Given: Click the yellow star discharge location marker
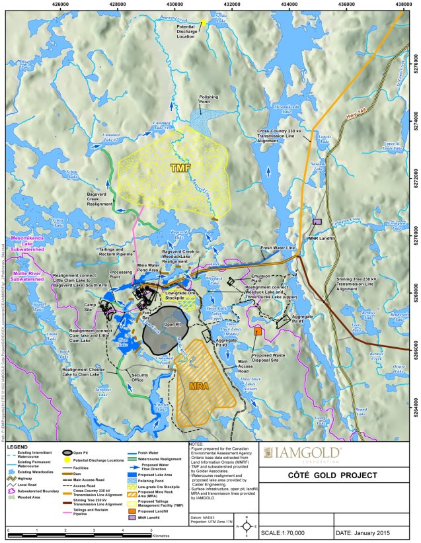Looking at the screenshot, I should coord(204,22).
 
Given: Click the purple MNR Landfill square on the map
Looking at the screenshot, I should coord(317,222).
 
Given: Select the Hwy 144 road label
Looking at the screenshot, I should coord(355,117).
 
